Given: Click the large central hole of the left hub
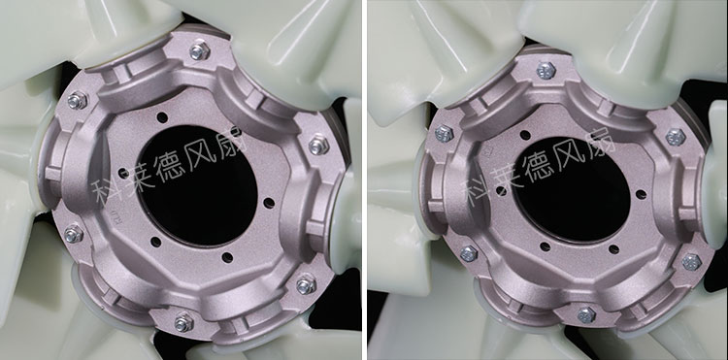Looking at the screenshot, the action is click(197, 185).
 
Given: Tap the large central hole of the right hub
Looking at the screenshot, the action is click(571, 189).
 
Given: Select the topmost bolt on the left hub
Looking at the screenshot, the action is click(200, 50).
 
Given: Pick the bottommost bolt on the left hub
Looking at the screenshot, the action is click(184, 322).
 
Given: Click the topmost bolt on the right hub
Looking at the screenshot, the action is click(546, 71).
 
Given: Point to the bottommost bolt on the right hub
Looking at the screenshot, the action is click(586, 315).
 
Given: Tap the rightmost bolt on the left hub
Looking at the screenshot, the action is click(319, 146).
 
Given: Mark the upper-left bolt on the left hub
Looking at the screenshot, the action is click(78, 100).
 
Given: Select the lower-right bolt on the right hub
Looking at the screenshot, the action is click(692, 262).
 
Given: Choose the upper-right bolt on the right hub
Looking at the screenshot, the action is click(676, 138).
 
